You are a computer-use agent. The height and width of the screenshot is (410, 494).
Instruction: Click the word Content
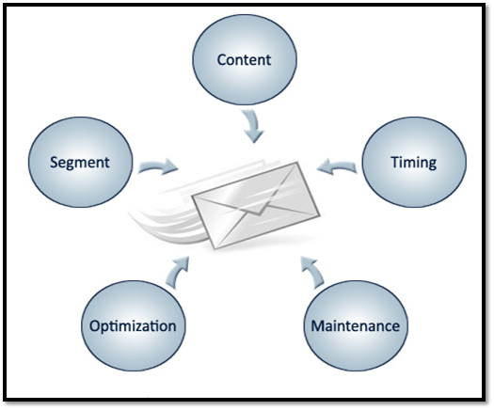point(244,60)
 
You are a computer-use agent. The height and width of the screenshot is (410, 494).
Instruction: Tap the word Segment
point(80,163)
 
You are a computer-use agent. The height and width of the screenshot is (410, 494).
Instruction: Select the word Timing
point(414,163)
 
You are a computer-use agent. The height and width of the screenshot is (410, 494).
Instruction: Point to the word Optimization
point(133,326)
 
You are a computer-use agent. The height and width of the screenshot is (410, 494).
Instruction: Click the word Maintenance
point(356,326)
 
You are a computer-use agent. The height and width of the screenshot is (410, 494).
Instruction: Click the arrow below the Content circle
point(253,126)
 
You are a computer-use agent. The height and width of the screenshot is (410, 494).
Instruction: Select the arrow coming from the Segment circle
point(158,166)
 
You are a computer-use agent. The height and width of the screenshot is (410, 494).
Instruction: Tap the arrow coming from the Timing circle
point(337,166)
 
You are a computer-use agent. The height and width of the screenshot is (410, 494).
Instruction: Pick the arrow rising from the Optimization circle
point(179,273)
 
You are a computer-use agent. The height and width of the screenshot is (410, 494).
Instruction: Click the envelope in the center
point(256,205)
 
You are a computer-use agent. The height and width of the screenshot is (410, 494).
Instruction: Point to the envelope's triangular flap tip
point(259,215)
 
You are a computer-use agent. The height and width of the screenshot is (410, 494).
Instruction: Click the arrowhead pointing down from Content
point(254,136)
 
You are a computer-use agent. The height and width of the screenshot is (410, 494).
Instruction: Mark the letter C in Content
point(222,60)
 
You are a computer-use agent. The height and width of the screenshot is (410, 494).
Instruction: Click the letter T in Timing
point(396,162)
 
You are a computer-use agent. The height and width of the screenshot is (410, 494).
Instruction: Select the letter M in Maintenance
point(319,326)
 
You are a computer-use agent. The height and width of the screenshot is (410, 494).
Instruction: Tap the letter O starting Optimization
point(96,326)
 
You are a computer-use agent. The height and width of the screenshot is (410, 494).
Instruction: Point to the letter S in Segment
point(55,163)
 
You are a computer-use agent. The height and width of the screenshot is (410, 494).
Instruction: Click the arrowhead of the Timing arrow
point(325,166)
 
